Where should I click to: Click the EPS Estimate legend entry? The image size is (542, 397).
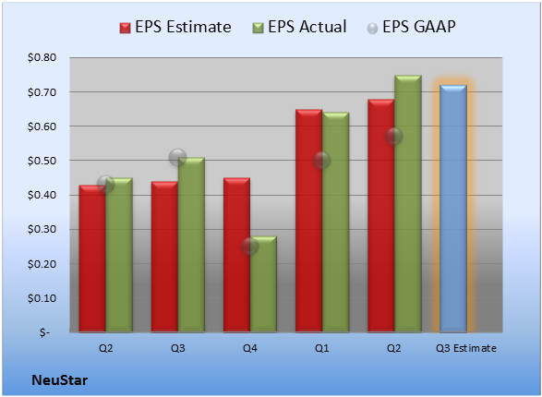coord(175,27)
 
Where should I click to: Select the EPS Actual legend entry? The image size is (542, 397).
coord(299,27)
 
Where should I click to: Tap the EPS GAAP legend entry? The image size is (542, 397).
coord(411,27)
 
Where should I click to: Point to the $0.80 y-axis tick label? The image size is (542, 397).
coord(42,57)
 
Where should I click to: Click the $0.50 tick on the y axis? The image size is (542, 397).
coord(42,161)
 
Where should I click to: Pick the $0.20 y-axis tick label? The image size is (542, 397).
coord(42,264)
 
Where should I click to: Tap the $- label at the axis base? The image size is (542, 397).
coord(44,332)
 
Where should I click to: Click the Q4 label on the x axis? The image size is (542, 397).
coord(250,348)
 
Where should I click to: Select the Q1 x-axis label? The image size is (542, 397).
coord(322,348)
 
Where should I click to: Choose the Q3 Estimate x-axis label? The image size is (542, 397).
coord(466,348)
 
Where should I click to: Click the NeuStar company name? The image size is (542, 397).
coord(60,380)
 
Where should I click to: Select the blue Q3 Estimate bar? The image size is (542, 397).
coord(453,209)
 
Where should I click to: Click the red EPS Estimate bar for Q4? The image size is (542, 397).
coord(236,255)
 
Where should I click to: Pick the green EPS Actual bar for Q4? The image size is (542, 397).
coord(263,284)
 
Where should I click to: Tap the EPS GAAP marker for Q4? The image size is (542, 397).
coord(249,246)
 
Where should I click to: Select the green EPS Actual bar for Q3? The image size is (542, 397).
coord(191,245)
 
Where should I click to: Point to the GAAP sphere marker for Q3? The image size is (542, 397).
coord(177,158)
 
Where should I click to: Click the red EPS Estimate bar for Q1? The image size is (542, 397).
coord(308,222)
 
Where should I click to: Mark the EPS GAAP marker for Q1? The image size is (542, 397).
coord(322,161)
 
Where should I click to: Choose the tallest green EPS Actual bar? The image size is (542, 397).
coord(408,204)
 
